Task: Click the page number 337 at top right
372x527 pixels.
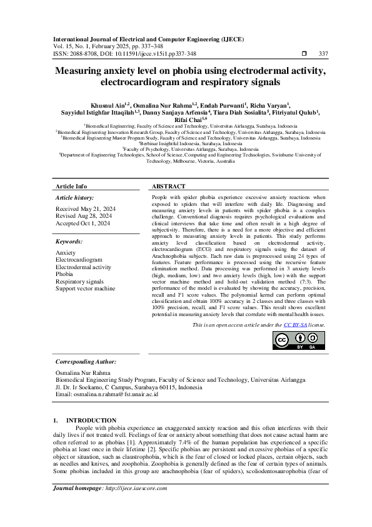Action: (323, 54)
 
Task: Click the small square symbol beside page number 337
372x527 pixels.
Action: (304, 54)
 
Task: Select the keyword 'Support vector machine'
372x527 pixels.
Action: (85, 289)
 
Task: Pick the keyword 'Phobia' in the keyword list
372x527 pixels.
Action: (64, 274)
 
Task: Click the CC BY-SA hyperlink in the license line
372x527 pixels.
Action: (295, 325)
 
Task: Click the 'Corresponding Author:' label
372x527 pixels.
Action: (86, 362)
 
